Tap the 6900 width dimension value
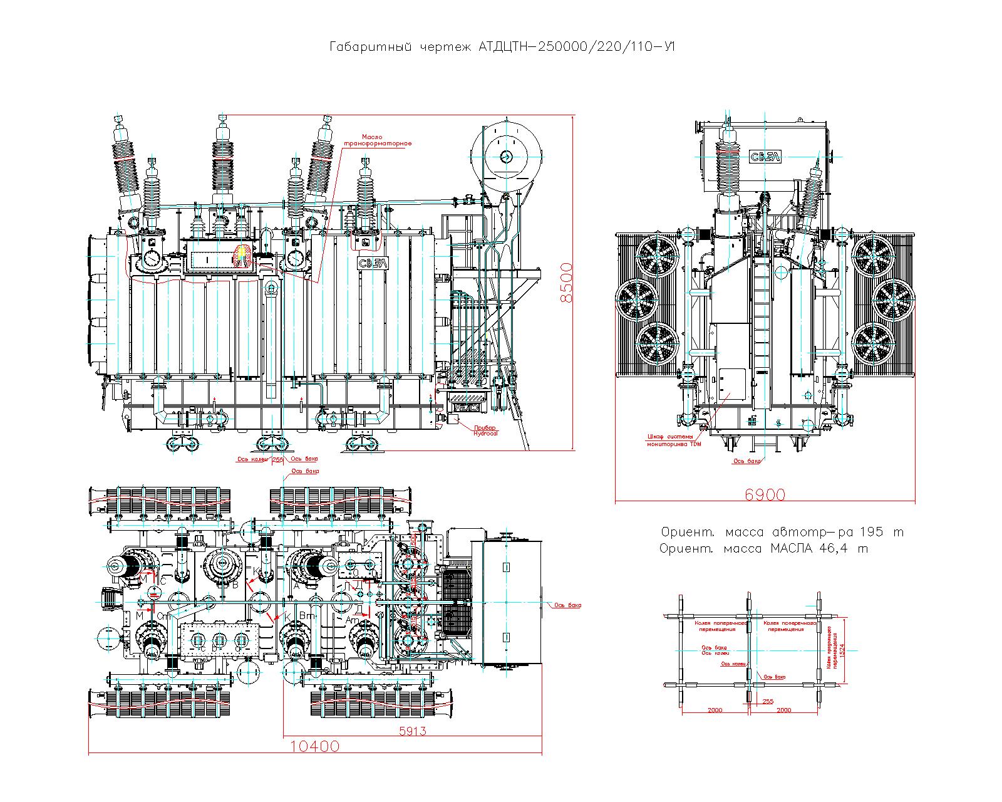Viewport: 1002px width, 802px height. (765, 495)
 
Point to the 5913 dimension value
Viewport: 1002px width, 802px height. (412, 731)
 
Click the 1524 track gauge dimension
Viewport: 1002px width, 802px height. (842, 652)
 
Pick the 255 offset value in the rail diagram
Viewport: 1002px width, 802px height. (768, 702)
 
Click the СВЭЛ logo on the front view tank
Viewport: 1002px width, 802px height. (373, 264)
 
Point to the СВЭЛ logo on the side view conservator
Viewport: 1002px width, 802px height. (764, 157)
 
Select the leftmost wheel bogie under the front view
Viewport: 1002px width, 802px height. (182, 444)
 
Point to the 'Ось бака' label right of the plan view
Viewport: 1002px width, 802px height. (567, 605)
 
